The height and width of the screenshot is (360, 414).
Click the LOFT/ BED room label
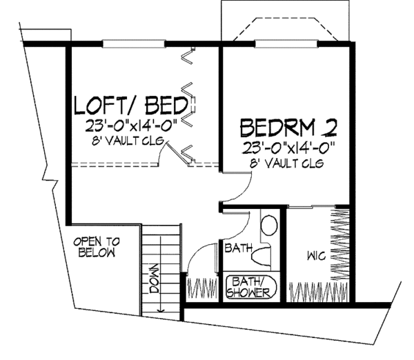[x=131, y=106]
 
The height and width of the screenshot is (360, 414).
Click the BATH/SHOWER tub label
[x=251, y=288]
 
